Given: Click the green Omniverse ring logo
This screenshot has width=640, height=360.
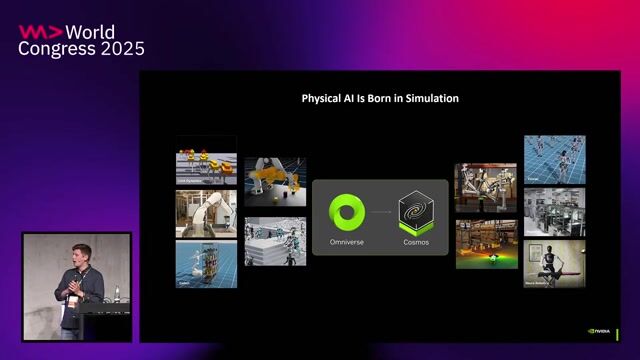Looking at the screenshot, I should pos(347,212).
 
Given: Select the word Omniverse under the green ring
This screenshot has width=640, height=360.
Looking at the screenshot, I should pos(347,243).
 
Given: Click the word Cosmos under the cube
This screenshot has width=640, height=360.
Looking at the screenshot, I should pos(416,243).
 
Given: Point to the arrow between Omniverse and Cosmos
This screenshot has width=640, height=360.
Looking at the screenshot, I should pos(381,213).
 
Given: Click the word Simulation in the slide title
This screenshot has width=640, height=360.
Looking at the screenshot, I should pos(431,99).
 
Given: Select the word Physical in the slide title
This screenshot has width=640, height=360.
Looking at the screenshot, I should pos(325,99).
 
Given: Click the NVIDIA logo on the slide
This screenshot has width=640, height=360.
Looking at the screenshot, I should pos(601,331).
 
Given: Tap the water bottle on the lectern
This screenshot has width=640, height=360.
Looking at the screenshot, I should pos(117,294).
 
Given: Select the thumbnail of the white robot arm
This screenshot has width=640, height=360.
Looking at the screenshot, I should pos(206,213).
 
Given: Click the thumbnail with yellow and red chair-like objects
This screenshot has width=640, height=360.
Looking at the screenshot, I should pos(206,166).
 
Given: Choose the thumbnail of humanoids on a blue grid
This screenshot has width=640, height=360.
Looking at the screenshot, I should pos(554,159).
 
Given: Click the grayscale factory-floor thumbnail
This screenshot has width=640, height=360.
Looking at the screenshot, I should pos(554,211).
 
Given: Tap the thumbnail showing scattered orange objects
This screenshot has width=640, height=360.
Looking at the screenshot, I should pos(275,180).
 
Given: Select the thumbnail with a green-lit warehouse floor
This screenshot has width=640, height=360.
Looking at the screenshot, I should pos(486,246).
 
